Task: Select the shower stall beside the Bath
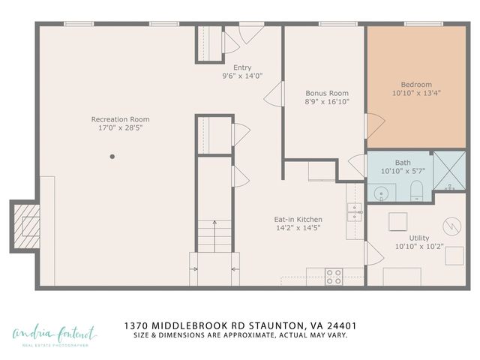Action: tap(449, 171)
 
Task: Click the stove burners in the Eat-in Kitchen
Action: tap(334, 274)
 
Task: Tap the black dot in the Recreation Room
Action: tap(112, 157)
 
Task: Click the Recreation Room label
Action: tap(120, 119)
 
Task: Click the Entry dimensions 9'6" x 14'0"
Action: tap(242, 76)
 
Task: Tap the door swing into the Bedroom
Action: tap(373, 125)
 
